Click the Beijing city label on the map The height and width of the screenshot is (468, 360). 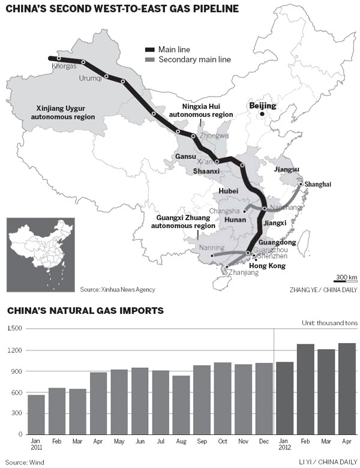[x=262, y=106]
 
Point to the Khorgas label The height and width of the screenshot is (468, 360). [x=65, y=67]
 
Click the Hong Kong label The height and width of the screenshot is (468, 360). [x=267, y=266]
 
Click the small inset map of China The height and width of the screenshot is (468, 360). [x=40, y=250]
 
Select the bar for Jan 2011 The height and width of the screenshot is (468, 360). [x=36, y=414]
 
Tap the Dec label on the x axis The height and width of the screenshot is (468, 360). [x=264, y=441]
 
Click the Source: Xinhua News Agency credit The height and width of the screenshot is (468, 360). [x=117, y=290]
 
